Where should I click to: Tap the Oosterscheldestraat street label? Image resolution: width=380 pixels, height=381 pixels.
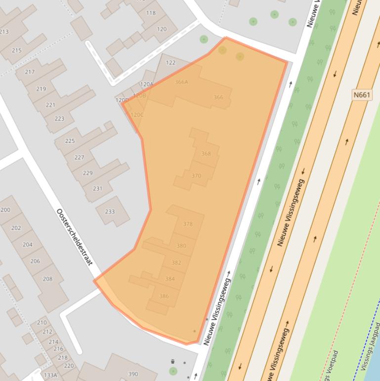pos(75,237)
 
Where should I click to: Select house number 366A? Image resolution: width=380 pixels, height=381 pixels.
pos(181,82)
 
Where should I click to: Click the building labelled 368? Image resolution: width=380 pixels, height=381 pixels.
pos(206,154)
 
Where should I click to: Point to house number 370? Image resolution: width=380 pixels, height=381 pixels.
pos(196,176)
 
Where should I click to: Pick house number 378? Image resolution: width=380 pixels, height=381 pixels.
pos(188,224)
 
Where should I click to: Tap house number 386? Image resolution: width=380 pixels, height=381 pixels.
pos(164,296)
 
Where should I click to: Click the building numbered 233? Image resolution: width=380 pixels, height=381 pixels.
pos(110,212)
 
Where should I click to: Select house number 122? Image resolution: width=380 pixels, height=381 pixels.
pos(170,63)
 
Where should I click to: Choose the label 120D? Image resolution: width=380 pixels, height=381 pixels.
pos(122,100)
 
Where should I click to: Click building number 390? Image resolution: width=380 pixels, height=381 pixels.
pos(133,374)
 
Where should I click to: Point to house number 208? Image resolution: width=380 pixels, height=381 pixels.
pos(47,279)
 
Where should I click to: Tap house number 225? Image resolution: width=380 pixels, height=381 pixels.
pos(70,141)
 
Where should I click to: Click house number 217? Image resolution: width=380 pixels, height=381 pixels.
pos(30,72)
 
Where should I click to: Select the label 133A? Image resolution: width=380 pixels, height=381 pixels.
pos(50,376)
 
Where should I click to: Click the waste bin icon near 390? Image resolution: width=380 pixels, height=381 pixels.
pos(172,362)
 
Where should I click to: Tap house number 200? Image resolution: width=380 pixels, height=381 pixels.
pos(5,210)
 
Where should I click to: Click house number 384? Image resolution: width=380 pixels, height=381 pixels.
pos(170,279)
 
